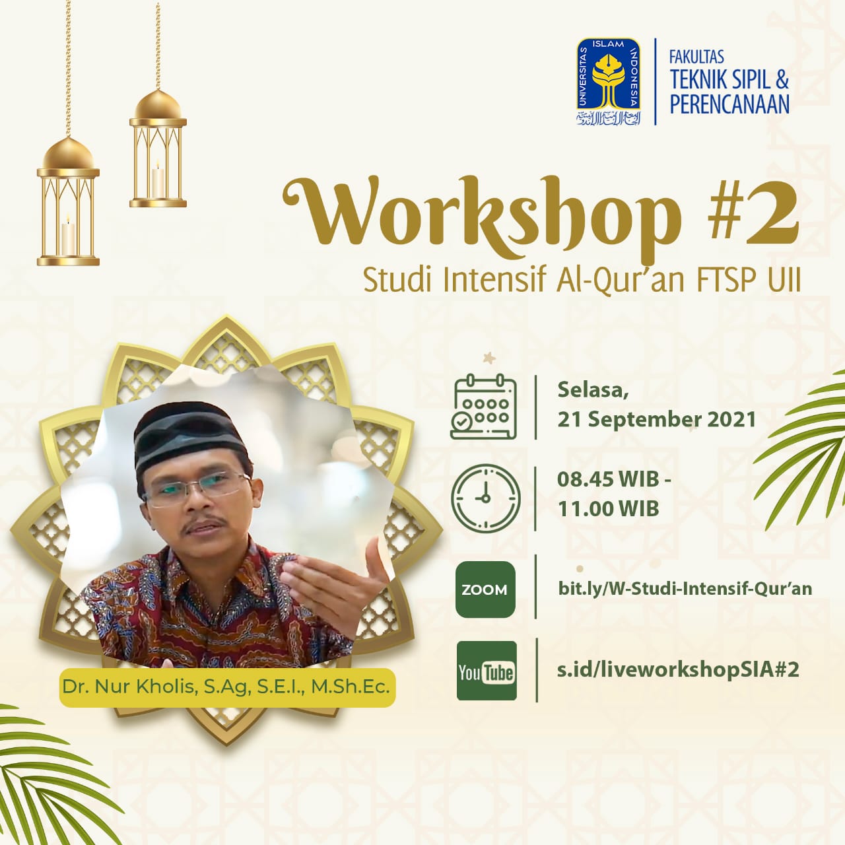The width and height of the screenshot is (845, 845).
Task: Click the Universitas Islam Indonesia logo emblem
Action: click(608, 82)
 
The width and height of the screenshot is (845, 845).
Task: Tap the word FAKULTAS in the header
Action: click(696, 57)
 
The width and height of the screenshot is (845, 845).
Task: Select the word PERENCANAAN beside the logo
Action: click(729, 104)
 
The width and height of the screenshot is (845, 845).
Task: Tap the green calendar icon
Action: click(483, 407)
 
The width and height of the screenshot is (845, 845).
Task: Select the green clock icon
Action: click(486, 498)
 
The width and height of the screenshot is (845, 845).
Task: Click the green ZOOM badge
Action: click(485, 590)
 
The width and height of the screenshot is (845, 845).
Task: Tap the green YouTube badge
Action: click(487, 671)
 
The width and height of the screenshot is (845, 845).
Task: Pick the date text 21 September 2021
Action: click(656, 420)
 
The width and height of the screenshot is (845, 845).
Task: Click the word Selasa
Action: click(593, 390)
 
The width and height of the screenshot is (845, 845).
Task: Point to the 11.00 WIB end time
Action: click(608, 509)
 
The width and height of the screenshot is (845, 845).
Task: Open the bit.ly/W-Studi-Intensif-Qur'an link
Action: click(685, 588)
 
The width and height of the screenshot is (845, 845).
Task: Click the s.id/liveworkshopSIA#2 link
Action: click(678, 669)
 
